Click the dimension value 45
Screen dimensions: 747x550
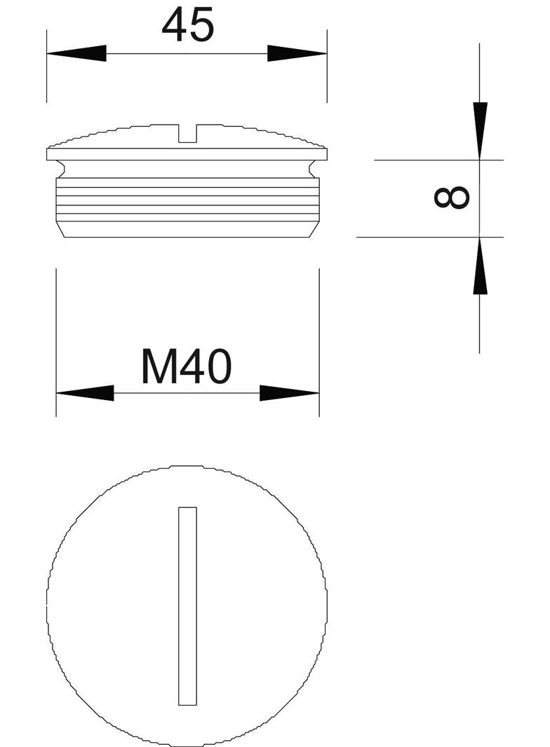coord(187,27)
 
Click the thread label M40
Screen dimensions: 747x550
coord(186,367)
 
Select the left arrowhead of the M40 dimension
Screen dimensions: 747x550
coord(84,393)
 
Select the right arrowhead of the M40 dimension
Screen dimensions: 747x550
coord(290,393)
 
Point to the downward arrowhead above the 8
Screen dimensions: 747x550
coord(480,130)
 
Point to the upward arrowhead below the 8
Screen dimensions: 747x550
coord(480,266)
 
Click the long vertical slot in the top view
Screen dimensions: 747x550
coord(187,605)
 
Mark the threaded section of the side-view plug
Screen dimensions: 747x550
coord(187,200)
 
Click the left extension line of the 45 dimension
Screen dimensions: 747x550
coord(47,67)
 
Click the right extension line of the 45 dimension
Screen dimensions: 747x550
coord(327,67)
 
